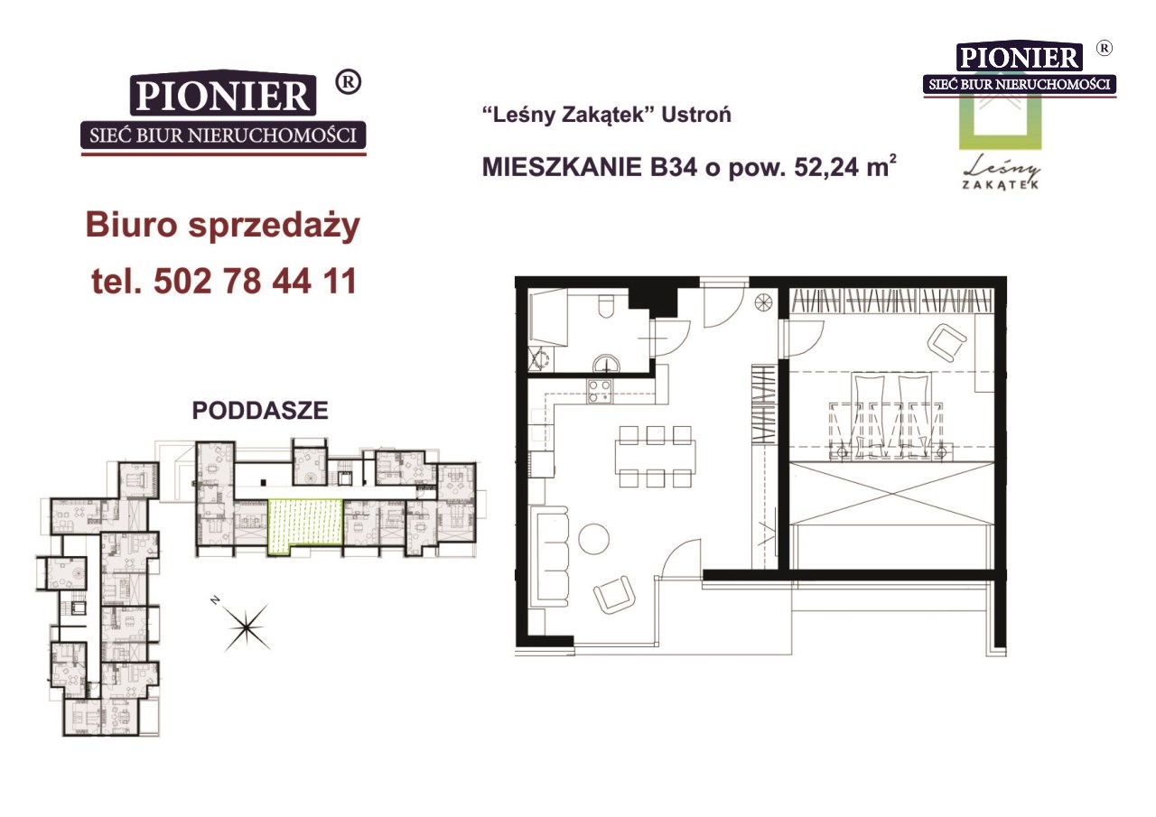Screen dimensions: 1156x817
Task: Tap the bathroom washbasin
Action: tap(607, 363)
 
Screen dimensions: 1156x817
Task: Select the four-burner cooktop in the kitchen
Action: tap(599, 391)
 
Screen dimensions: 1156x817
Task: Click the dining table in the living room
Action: tap(655, 457)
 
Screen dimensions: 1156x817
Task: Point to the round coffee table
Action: tap(593, 538)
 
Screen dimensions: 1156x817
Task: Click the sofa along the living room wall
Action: tap(554, 555)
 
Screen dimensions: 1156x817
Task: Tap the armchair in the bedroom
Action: tap(947, 341)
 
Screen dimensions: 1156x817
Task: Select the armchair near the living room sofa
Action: tap(614, 595)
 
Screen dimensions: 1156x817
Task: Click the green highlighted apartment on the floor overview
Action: tap(305, 525)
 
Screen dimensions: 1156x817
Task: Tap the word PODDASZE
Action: tap(260, 411)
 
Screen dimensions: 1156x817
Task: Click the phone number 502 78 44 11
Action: tap(256, 281)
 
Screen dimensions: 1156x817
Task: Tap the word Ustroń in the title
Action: tap(696, 115)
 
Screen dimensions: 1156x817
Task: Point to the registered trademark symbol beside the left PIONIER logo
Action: tap(349, 82)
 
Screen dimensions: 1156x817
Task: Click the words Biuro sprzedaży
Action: tap(222, 226)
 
